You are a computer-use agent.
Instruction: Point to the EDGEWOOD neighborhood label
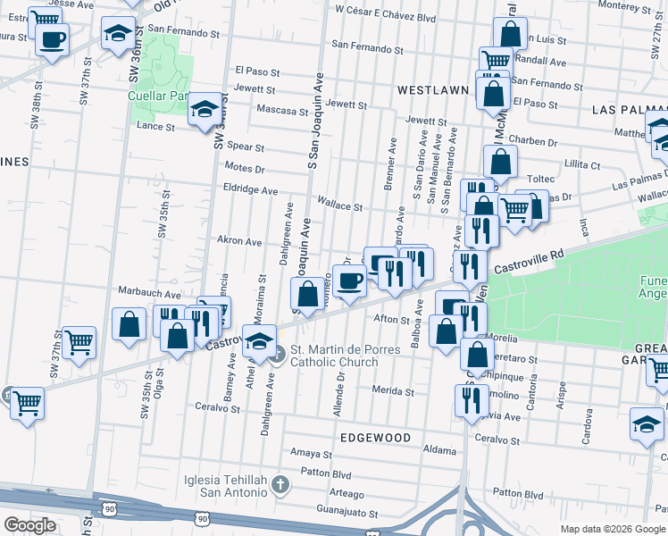pyautogui.click(x=375, y=438)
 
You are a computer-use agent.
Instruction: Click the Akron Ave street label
pyautogui.click(x=239, y=241)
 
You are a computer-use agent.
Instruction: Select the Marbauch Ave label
pyautogui.click(x=150, y=293)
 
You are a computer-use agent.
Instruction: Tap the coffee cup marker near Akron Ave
pyautogui.click(x=349, y=280)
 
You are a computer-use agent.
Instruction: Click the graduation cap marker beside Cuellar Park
pyautogui.click(x=205, y=110)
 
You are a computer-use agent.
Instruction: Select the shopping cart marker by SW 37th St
pyautogui.click(x=79, y=340)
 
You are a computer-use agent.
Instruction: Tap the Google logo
pyautogui.click(x=29, y=526)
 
